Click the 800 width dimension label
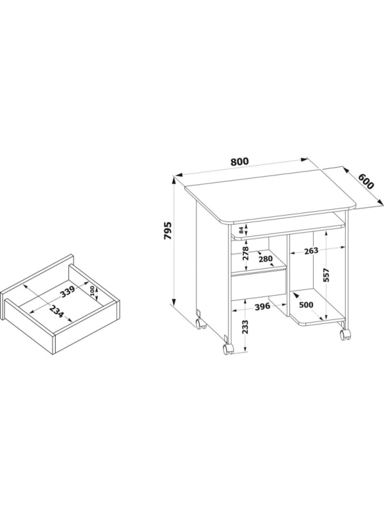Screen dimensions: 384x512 [x=239, y=161]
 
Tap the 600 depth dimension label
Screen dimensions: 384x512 [x=365, y=181]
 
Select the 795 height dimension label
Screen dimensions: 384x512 [x=168, y=231]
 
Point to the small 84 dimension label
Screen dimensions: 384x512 [x=241, y=230]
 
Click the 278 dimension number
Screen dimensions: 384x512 [x=246, y=253]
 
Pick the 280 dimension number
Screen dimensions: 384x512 [x=265, y=259]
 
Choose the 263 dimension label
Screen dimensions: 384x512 [x=311, y=251]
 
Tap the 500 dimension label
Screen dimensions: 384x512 [x=306, y=305]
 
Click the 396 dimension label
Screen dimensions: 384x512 [x=262, y=307]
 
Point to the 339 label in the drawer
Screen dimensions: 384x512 [x=68, y=292]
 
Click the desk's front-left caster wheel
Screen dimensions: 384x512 [x=228, y=349]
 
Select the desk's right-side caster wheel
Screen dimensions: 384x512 [x=345, y=334]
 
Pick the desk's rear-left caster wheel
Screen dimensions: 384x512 [x=200, y=324]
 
